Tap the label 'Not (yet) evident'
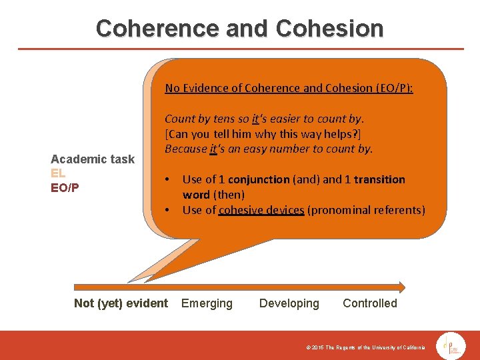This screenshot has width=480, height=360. coord(121,303)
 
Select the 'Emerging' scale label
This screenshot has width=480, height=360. coord(207,303)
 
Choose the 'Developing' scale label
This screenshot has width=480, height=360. coord(289,303)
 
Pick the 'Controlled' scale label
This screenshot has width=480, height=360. coord(369,303)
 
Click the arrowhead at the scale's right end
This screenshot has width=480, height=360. coord(401,287)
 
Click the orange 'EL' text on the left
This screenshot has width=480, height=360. coord(58,173)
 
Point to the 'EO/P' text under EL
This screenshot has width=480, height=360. coord(65,187)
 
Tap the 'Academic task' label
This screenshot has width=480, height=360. coord(93,159)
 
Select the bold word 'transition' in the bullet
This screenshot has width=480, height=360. coord(379,179)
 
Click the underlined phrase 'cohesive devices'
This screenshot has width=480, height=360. coord(261,210)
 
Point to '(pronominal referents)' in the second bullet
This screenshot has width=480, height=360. coord(366,210)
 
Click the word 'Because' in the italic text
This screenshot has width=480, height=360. coord(186,149)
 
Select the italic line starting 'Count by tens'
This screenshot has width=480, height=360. coord(264,119)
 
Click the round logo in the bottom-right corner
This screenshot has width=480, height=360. coord(451,346)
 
